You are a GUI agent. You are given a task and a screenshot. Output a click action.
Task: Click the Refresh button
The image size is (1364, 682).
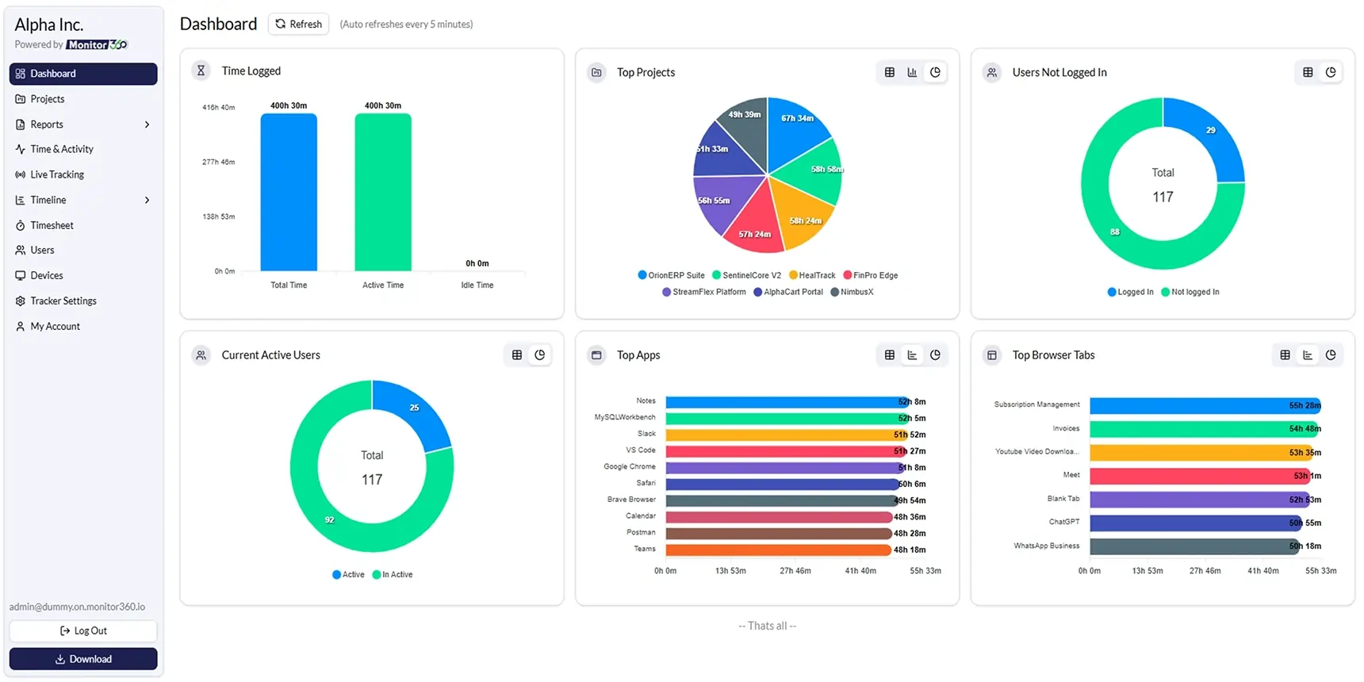299,24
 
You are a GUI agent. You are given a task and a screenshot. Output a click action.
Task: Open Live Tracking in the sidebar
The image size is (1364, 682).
56,174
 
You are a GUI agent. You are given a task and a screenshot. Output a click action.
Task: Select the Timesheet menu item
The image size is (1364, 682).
52,225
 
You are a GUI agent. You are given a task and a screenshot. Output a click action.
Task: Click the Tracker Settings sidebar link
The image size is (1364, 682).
63,301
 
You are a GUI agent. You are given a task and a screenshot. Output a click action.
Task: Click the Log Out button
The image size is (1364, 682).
83,630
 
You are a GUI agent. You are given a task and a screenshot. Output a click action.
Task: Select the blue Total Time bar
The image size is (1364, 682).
289,192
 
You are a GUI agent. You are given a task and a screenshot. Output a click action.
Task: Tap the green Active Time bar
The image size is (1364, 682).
383,192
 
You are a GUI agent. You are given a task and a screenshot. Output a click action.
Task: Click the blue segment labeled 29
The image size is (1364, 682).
1209,135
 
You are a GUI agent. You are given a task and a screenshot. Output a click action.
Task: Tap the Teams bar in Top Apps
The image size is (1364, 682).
777,550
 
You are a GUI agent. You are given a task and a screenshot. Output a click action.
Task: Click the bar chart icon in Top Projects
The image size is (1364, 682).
912,72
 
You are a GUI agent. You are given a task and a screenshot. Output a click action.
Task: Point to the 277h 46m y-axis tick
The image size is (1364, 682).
218,162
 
